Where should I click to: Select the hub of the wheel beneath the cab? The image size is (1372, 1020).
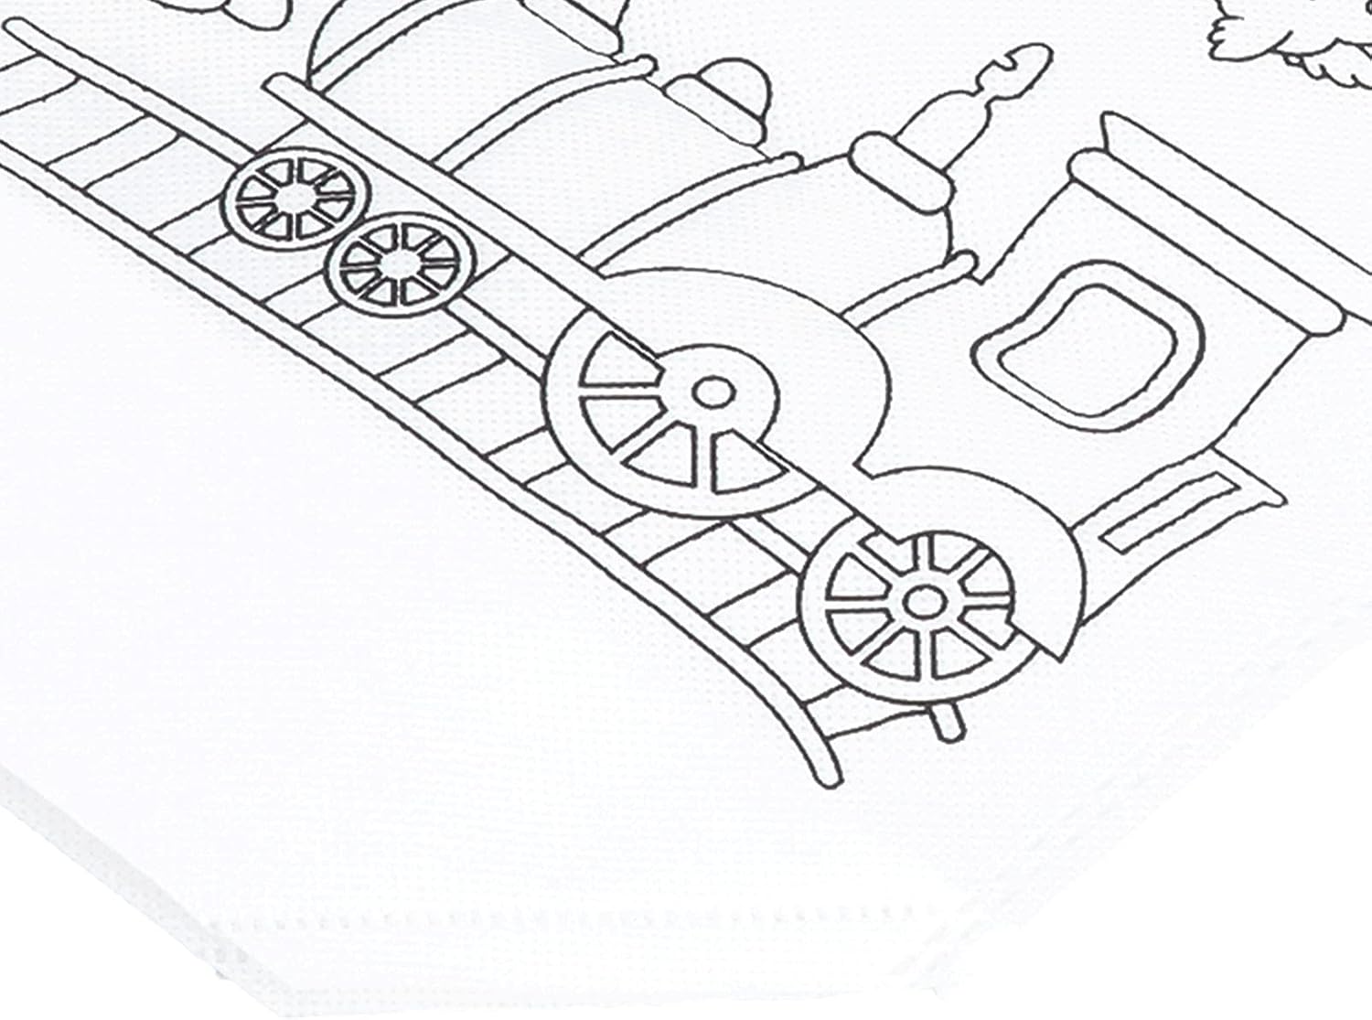pos(922,601)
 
